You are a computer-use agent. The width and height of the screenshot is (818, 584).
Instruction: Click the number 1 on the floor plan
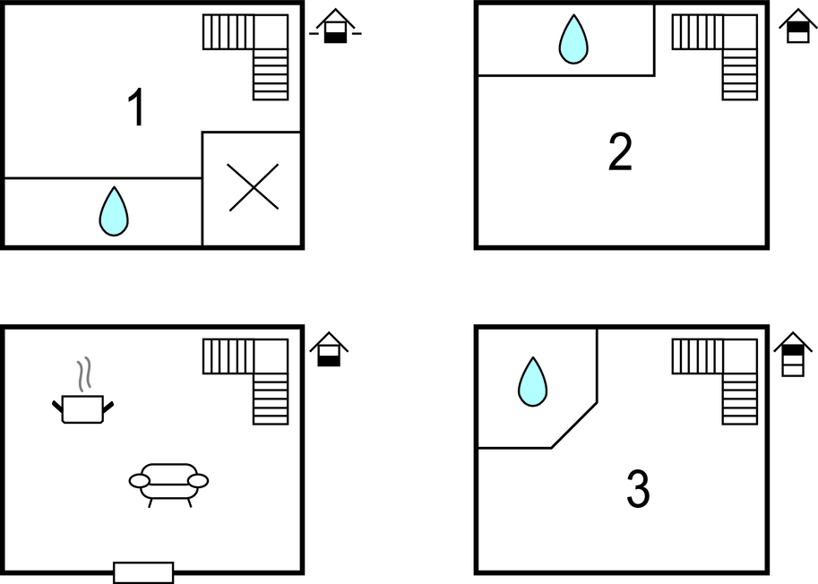point(137,107)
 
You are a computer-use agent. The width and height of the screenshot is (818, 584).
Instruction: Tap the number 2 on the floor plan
point(620,151)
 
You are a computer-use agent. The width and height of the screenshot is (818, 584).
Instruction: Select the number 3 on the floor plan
point(638,488)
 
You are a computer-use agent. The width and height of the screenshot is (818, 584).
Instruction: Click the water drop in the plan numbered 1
point(114,211)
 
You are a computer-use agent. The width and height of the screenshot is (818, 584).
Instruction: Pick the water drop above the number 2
point(573,39)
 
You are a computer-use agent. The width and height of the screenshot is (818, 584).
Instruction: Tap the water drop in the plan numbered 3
point(532,382)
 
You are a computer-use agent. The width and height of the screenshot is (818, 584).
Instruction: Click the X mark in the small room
point(254,187)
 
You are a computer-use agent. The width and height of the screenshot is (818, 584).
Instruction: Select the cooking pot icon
point(83,408)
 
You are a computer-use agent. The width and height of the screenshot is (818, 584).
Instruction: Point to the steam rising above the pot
point(84,374)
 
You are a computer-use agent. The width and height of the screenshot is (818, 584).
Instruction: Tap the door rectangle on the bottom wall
point(143,572)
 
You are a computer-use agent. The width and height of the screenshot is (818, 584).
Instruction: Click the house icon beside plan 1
point(335,26)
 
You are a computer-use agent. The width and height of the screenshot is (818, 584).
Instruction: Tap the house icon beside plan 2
point(798,26)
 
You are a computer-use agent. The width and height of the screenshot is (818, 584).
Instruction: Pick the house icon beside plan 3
point(793,354)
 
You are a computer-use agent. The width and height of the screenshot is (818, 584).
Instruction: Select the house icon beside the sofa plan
point(329,349)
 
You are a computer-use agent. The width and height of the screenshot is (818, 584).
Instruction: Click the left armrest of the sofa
point(139,481)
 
